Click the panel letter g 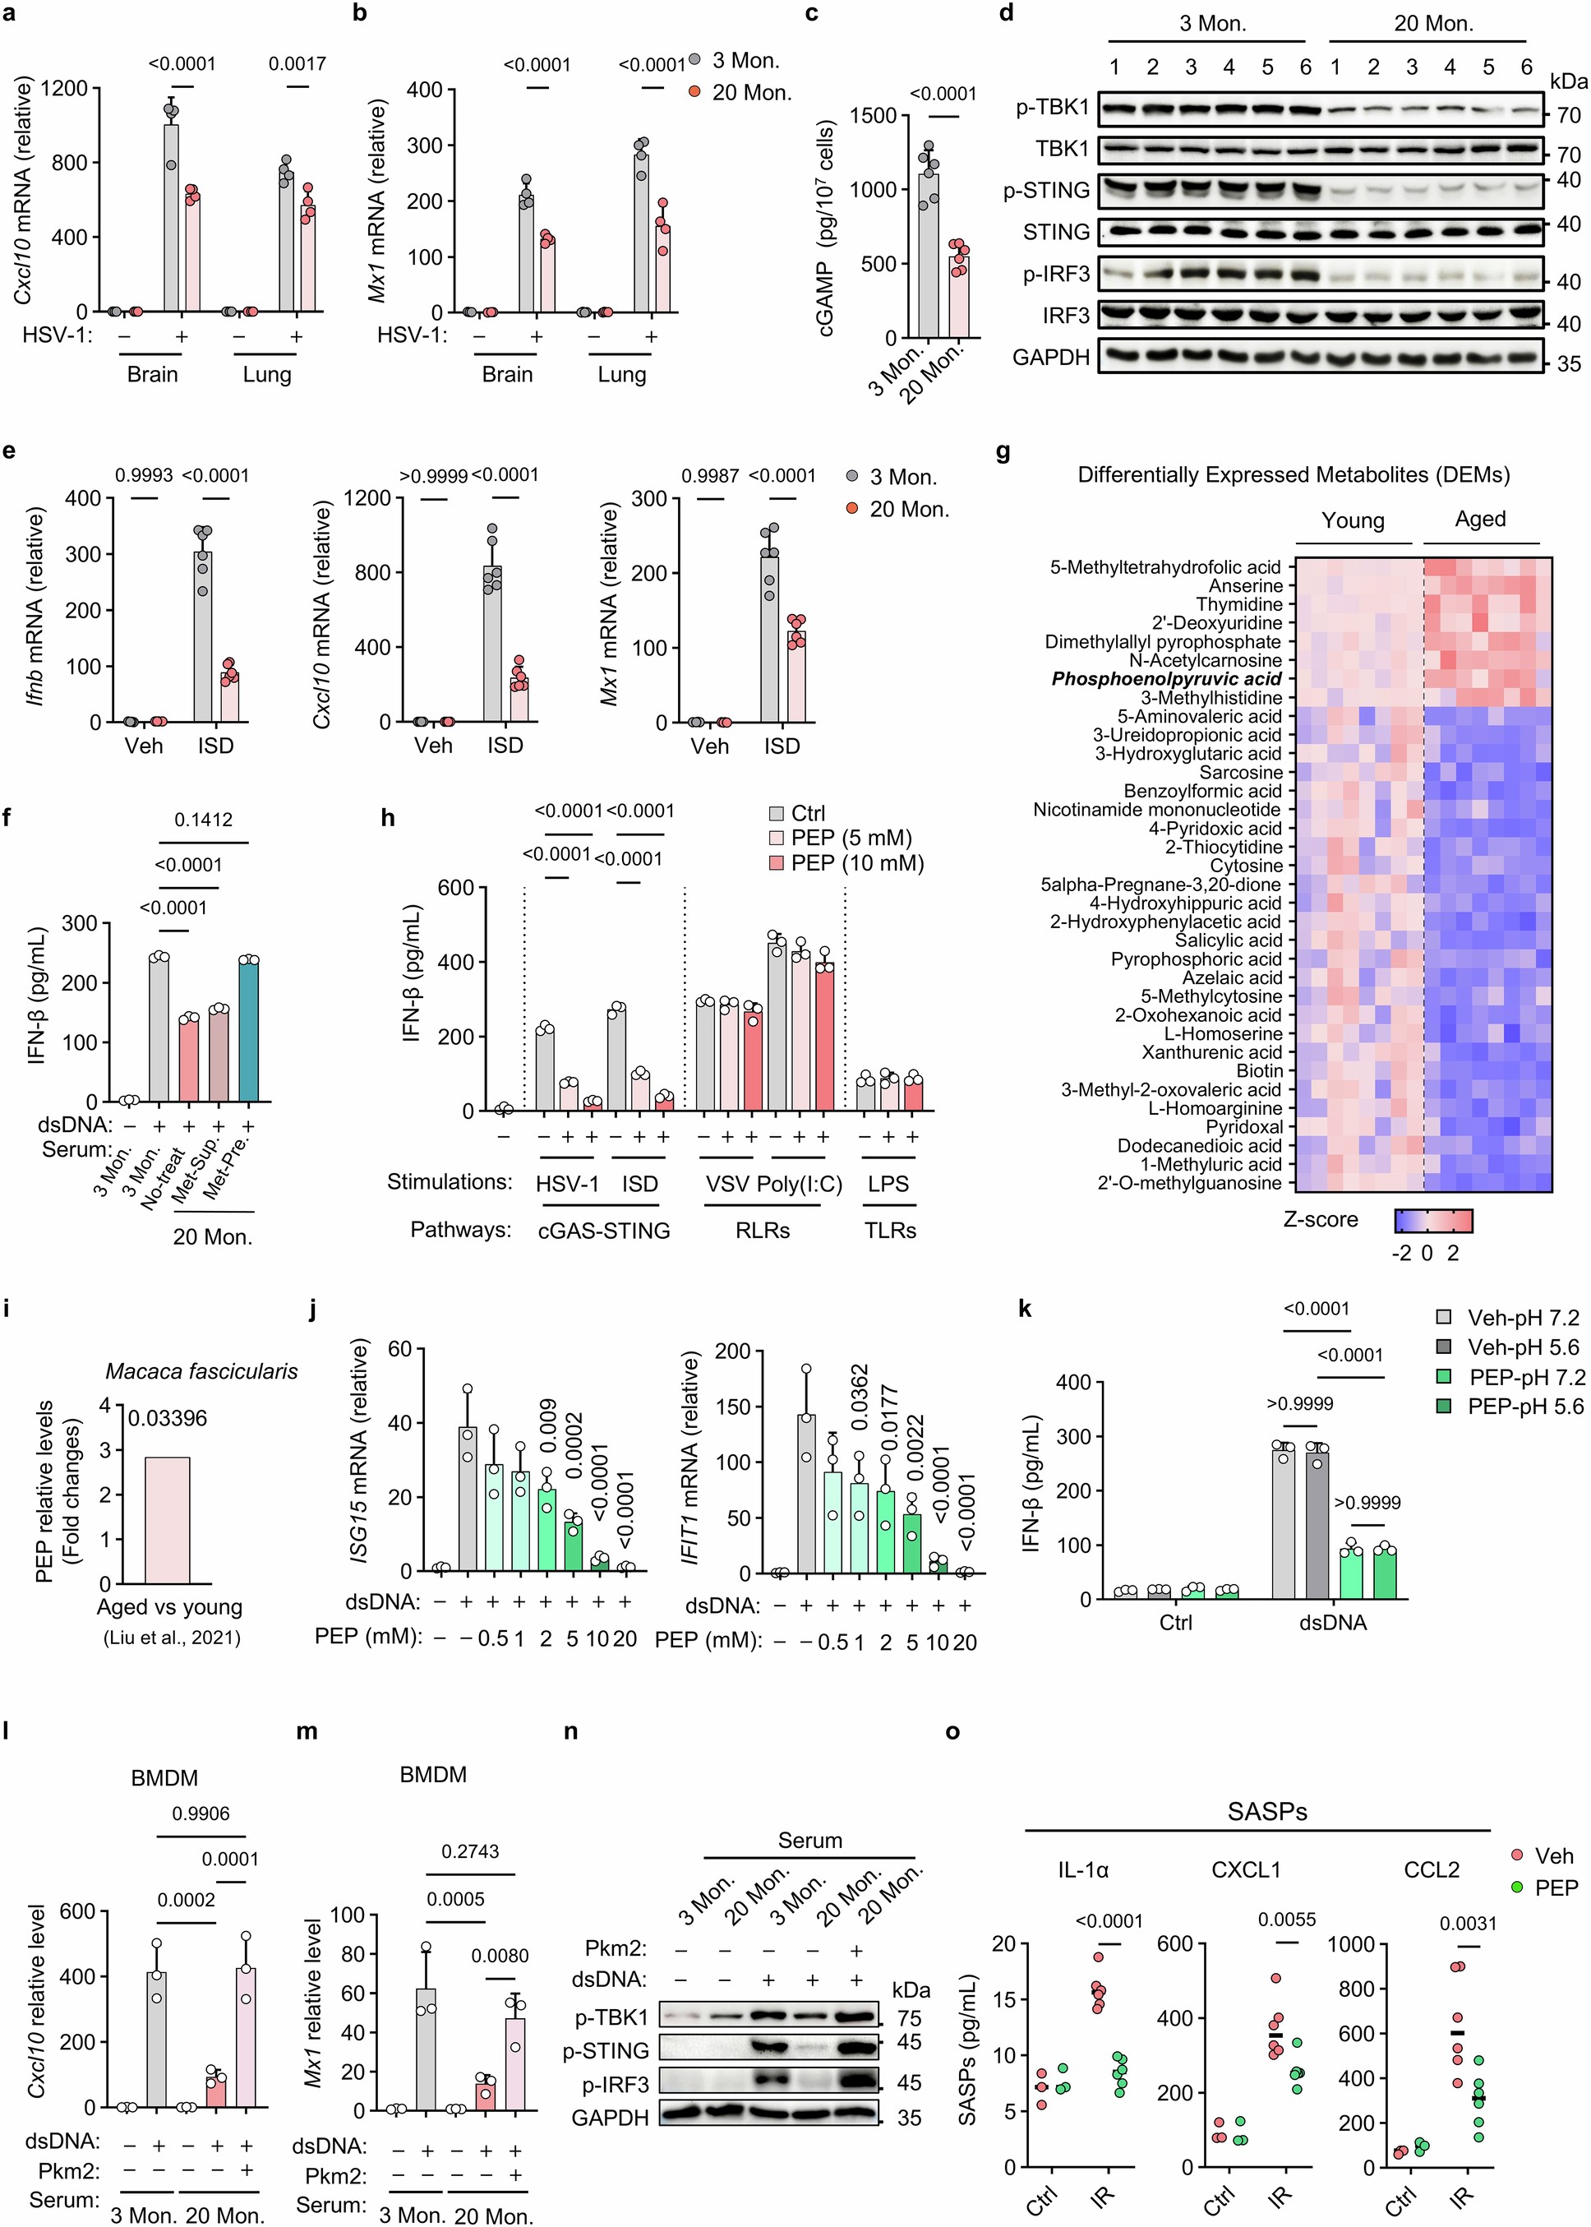1003,454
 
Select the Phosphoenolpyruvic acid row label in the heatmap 1166,679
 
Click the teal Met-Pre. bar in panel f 248,1028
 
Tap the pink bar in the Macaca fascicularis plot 168,1520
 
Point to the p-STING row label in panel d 1045,190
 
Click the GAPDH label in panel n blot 609,2118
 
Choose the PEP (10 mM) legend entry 846,863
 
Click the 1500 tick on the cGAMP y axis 873,116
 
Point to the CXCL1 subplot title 1245,1869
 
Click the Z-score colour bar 1433,1220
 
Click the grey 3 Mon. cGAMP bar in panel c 928,255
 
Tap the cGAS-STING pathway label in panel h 603,1230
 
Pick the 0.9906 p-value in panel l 201,1813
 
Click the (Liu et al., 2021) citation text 172,1638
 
